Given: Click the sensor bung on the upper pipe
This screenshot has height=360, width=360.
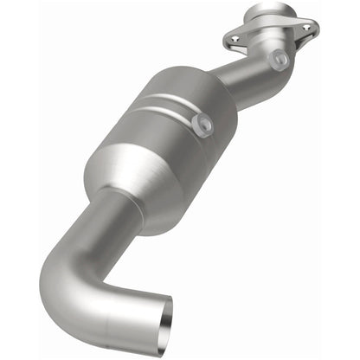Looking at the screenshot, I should pyautogui.click(x=279, y=60).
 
